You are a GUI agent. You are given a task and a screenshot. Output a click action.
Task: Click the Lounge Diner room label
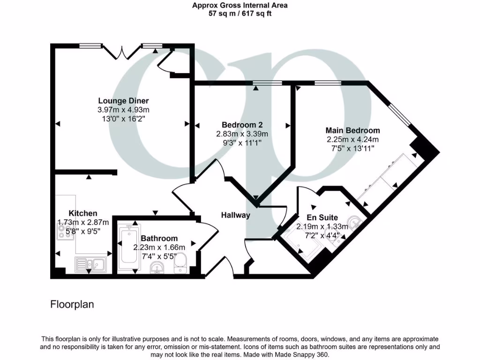pyautogui.click(x=123, y=100)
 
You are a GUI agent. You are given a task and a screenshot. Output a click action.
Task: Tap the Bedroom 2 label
pyautogui.click(x=242, y=125)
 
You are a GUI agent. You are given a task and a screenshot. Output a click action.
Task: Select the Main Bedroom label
pyautogui.click(x=352, y=130)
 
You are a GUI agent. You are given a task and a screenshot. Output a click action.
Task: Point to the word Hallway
pyautogui.click(x=236, y=216)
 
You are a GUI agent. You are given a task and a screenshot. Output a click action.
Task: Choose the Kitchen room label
pyautogui.click(x=83, y=213)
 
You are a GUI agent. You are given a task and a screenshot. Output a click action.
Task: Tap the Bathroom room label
pyautogui.click(x=159, y=238)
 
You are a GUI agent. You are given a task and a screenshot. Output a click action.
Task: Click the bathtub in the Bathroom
pyautogui.click(x=128, y=248)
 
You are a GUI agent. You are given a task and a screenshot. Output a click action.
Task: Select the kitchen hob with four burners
pyautogui.click(x=64, y=231)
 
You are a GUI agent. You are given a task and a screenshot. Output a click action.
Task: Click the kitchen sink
pyautogui.click(x=91, y=265)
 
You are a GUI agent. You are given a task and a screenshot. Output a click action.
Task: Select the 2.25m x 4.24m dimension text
pyautogui.click(x=352, y=139)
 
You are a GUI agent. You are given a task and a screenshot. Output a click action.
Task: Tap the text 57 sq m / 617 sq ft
pyautogui.click(x=240, y=14)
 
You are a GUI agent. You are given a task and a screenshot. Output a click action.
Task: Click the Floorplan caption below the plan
pyautogui.click(x=72, y=304)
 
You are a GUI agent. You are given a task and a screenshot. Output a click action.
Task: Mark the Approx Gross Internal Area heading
pyautogui.click(x=240, y=6)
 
